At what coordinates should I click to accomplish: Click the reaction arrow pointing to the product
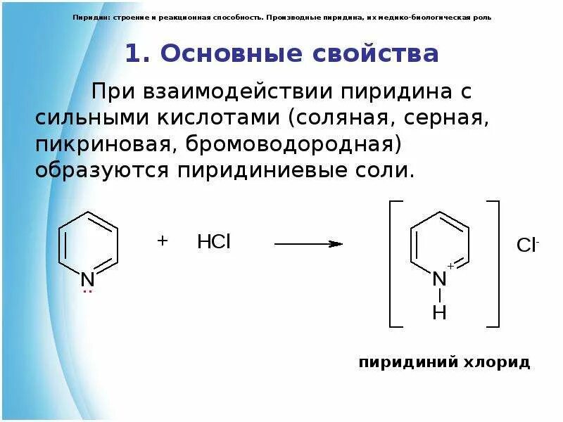308,244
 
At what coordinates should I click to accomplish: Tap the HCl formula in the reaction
213,243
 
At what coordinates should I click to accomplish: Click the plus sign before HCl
163,241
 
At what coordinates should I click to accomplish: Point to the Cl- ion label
528,245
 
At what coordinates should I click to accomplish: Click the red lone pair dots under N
87,290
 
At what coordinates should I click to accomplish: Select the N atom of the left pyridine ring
87,279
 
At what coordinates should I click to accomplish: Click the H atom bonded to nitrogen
440,312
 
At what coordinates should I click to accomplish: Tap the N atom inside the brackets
440,279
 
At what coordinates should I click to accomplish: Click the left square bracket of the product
395,264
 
